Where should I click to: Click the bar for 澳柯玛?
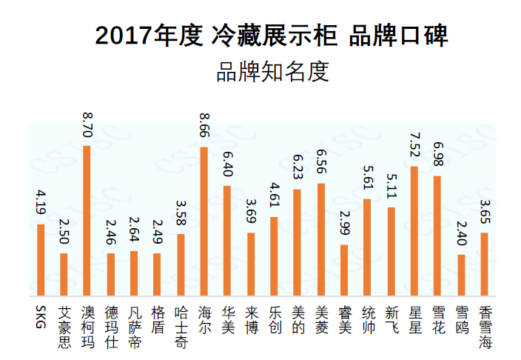click(x=87, y=221)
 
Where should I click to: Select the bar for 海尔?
click(x=204, y=222)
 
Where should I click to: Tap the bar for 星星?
click(x=414, y=232)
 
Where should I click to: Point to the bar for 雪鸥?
click(x=461, y=276)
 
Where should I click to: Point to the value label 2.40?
click(x=461, y=235)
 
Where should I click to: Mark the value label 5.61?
click(x=367, y=180)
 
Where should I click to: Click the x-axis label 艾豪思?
click(x=64, y=326)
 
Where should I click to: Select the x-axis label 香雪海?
click(x=485, y=326)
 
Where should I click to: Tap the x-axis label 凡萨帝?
click(x=134, y=326)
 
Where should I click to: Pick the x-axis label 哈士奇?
click(x=181, y=326)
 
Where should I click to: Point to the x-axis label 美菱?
click(x=320, y=319)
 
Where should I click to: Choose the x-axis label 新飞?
click(x=391, y=319)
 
